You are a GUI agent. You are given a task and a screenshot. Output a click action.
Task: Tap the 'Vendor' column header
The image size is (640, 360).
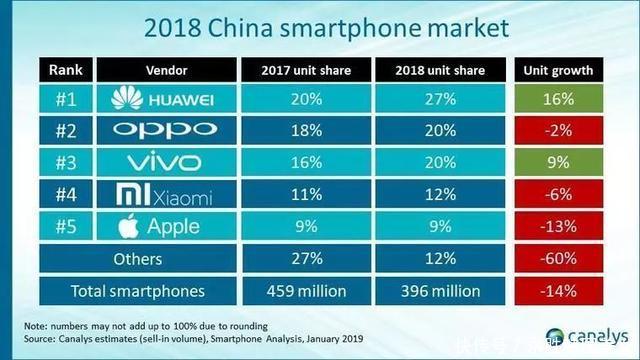click(163, 70)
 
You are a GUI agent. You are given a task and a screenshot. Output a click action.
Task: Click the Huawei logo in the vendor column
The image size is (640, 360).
click(163, 99)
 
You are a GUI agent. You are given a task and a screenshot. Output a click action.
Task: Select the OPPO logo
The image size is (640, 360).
click(163, 128)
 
